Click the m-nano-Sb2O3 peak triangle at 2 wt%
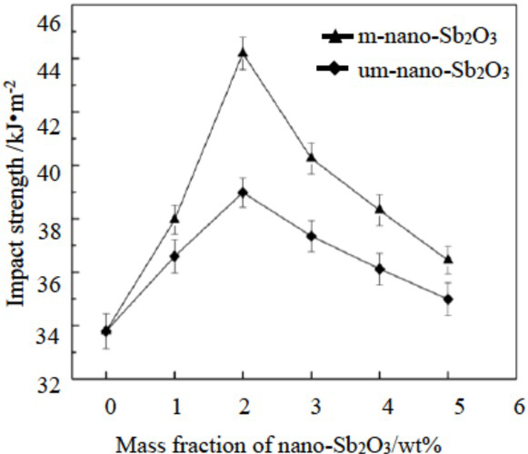pos(243,52)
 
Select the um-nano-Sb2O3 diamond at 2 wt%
pos(243,192)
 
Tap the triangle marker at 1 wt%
pos(174,218)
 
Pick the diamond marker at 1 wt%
pos(174,257)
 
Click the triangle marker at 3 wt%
pos(312,158)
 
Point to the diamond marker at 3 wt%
pos(312,236)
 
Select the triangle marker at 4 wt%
pos(380,209)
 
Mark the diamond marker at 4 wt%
pos(380,269)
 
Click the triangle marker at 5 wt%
pos(448,259)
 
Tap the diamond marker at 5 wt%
pos(448,299)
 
